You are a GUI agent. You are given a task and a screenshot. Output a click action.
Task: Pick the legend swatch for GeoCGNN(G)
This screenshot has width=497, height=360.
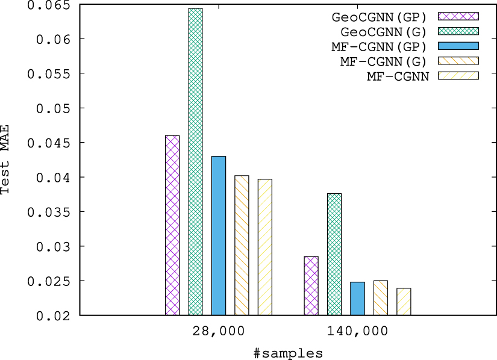coord(458,31)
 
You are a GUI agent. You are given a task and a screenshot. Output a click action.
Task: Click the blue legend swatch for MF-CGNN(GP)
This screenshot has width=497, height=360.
coord(458,46)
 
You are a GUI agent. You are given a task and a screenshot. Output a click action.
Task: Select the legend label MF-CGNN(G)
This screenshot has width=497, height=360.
coord(383,61)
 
